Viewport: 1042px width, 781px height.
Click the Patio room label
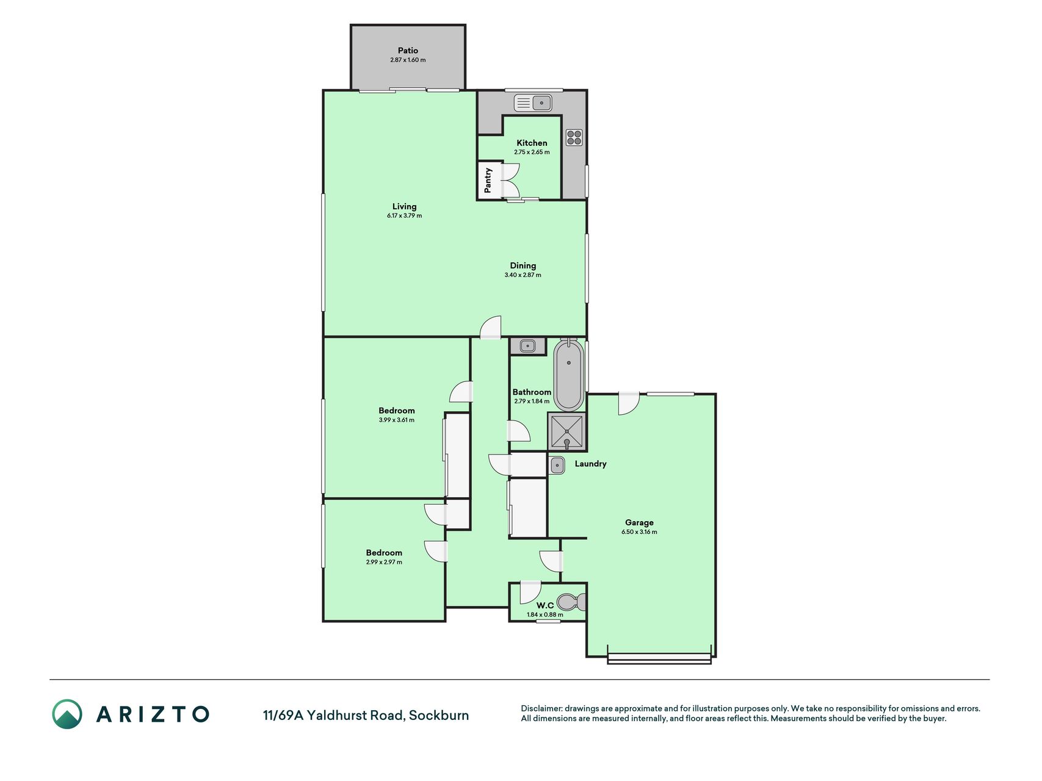tap(408, 51)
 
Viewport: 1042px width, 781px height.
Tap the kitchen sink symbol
tap(533, 103)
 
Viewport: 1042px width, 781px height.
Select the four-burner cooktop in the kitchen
tap(574, 137)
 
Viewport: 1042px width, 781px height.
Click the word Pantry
tap(488, 180)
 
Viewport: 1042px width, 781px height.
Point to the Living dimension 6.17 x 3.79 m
tap(404, 215)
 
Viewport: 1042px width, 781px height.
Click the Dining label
tap(523, 265)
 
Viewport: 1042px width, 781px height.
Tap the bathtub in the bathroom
tap(568, 374)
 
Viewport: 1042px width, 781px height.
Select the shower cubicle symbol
tap(567, 432)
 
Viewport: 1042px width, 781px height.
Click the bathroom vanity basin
tap(527, 347)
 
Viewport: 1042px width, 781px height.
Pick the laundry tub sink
tap(557, 466)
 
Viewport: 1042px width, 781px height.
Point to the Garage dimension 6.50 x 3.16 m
tap(639, 532)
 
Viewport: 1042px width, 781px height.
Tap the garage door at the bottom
tap(659, 658)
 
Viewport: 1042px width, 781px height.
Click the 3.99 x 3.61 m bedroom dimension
tap(396, 420)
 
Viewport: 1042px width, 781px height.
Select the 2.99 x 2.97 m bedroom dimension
tap(384, 562)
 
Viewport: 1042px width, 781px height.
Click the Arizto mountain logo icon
tap(67, 714)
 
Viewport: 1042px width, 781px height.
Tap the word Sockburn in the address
tap(439, 715)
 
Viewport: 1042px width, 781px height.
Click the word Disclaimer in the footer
tap(541, 708)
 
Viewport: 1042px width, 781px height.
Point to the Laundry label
tap(590, 464)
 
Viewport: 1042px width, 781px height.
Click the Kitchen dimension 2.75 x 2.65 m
tap(532, 152)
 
